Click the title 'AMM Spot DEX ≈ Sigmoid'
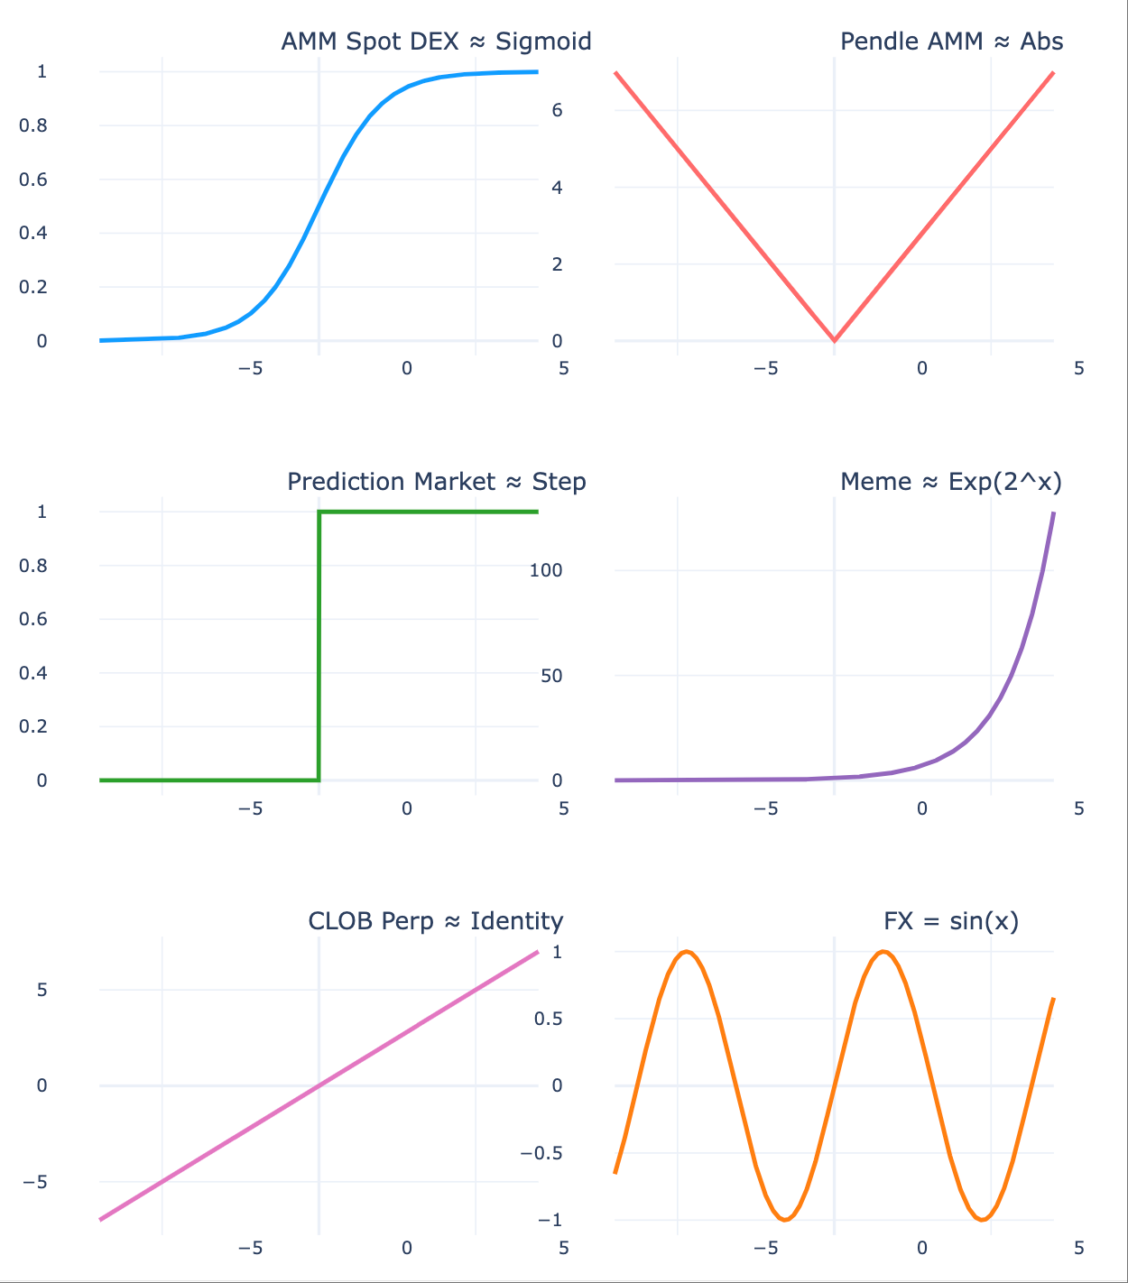[436, 42]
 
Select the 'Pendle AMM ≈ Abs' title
[951, 42]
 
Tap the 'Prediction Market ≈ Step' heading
[436, 482]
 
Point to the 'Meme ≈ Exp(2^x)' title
[951, 482]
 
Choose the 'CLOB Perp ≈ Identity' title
[436, 921]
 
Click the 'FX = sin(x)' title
[951, 921]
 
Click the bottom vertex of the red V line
[834, 341]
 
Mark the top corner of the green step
[319, 512]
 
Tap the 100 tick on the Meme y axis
[546, 570]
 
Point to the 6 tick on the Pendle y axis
[557, 110]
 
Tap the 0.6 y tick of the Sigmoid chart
[33, 179]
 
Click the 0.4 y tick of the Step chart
[33, 673]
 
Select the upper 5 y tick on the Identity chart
[42, 990]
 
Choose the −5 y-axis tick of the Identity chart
[36, 1182]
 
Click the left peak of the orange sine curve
[687, 952]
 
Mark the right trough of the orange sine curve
[983, 1220]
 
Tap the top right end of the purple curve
[1053, 513]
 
